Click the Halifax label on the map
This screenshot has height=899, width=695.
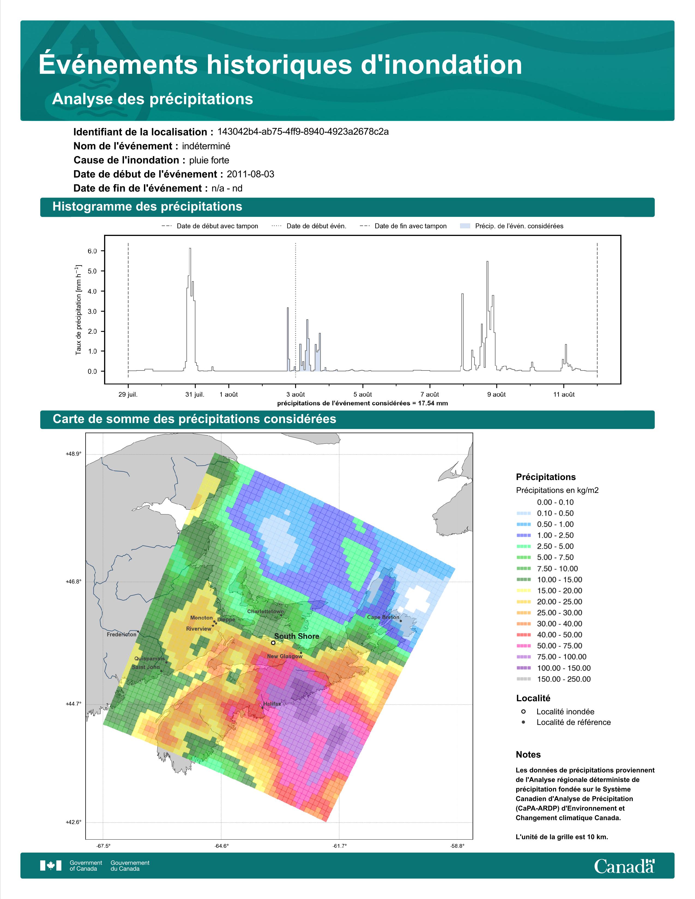coord(271,704)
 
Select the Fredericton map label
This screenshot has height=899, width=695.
coord(122,634)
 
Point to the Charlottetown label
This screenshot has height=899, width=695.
coord(265,611)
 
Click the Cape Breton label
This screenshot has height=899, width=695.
coord(383,617)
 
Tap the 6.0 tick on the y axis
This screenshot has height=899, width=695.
coord(92,251)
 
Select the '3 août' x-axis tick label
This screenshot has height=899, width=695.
coord(296,394)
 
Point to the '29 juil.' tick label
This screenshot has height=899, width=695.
coord(128,394)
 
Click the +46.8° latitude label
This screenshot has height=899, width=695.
coord(74,582)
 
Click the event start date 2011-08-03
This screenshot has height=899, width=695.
coord(250,174)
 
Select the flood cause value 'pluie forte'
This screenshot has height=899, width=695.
coord(209,160)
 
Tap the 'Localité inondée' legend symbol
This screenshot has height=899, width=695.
coord(523,711)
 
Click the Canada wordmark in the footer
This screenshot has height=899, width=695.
coord(624,867)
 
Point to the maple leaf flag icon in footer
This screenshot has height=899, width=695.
coord(51,866)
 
